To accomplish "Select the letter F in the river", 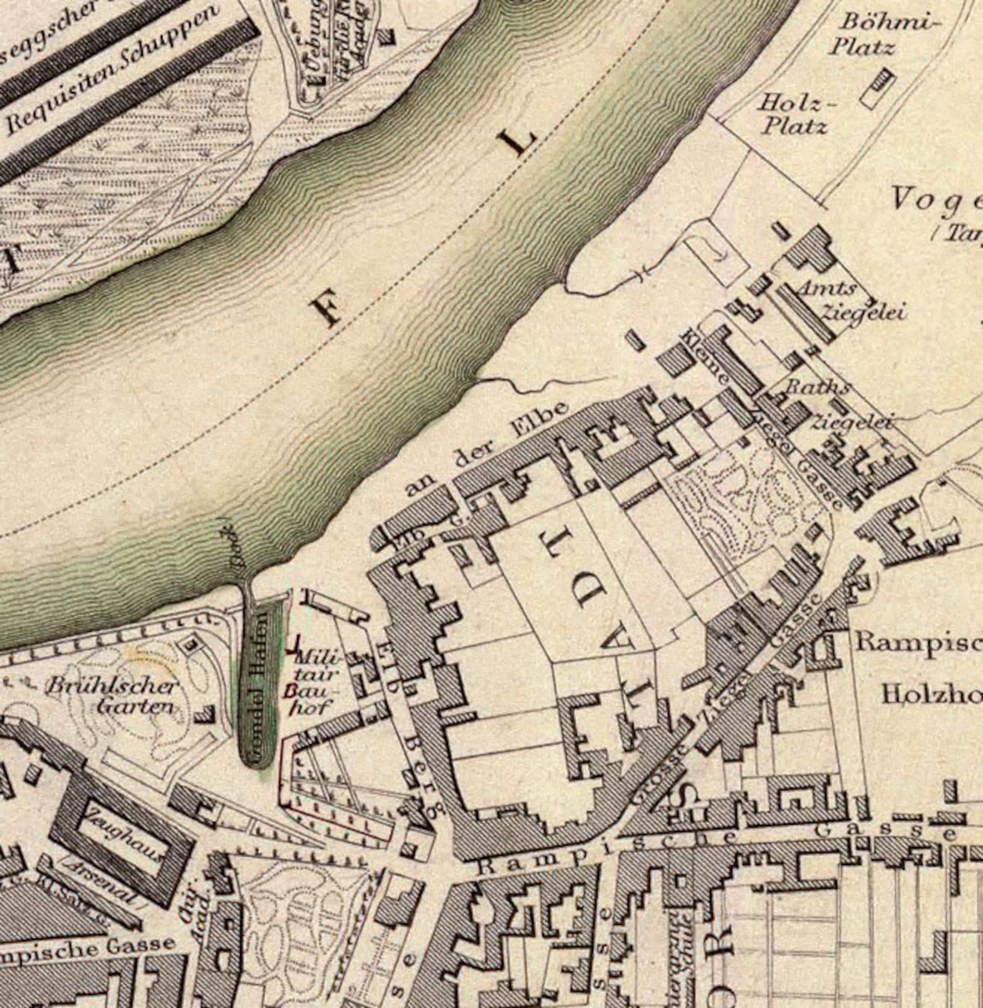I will pos(327,310).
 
